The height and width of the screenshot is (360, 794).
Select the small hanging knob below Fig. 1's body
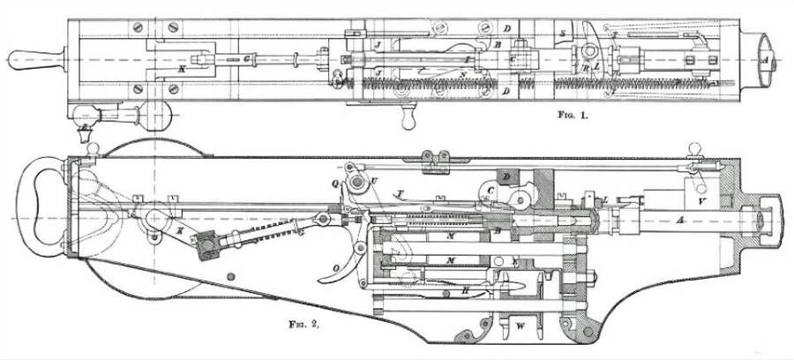[407, 118]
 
